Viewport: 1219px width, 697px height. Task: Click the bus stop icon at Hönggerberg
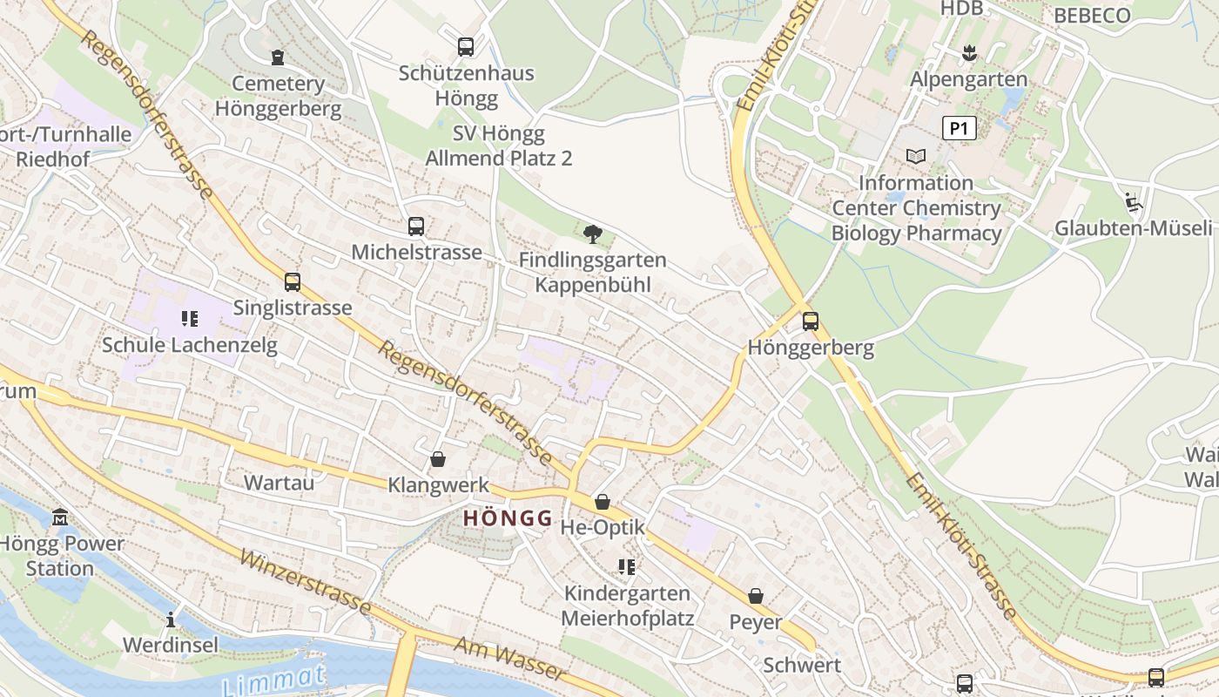pos(811,321)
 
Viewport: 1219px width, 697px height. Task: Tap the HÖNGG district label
pos(508,518)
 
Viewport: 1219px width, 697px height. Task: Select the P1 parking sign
pos(959,129)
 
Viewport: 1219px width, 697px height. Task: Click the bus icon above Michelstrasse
pos(416,227)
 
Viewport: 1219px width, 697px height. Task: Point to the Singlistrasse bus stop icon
pos(293,282)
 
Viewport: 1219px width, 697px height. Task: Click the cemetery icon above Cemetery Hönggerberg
pos(278,58)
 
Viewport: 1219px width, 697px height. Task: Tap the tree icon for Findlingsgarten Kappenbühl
pos(593,233)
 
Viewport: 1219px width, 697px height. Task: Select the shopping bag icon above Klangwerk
pos(438,458)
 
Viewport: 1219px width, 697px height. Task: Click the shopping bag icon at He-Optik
pos(602,502)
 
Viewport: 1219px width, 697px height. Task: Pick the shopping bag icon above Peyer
pos(756,596)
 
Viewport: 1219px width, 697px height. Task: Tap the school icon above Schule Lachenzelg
pos(190,319)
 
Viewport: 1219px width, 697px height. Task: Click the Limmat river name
pos(274,680)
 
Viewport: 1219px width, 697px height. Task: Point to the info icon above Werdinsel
pos(171,619)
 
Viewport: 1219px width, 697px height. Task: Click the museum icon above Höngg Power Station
pos(60,518)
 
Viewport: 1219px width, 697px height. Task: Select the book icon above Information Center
pos(915,156)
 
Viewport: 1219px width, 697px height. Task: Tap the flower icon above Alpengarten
pos(968,54)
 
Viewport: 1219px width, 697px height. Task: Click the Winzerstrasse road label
pos(304,582)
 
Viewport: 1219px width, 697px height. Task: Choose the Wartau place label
pos(279,482)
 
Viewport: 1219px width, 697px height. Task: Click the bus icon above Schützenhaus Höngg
pos(466,47)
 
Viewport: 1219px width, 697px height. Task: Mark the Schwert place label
pos(802,665)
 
